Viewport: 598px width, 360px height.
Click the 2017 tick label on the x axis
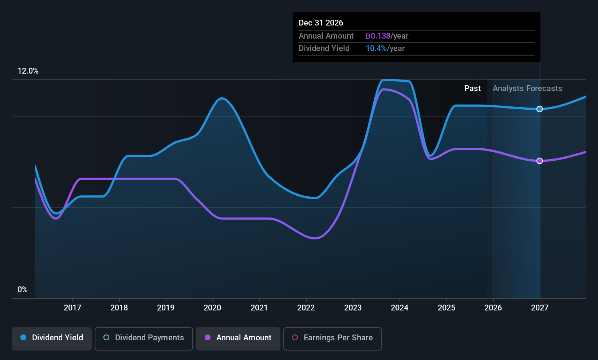coord(72,308)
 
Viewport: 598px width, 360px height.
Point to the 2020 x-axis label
coord(212,308)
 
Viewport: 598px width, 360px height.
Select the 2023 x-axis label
coord(353,308)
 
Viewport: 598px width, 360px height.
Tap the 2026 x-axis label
coord(493,308)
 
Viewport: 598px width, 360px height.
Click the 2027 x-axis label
coord(540,308)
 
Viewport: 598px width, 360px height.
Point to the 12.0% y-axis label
coord(28,71)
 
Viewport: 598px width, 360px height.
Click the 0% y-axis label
coord(23,290)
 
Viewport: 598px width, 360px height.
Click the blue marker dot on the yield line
coord(540,109)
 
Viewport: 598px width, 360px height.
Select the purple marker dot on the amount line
coord(540,161)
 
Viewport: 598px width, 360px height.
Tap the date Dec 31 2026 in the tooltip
coord(321,23)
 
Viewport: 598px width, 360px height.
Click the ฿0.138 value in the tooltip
coord(378,36)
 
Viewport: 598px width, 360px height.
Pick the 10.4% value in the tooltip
coord(376,48)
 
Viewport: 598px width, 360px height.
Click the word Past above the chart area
coord(472,89)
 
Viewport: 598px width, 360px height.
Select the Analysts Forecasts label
coord(527,89)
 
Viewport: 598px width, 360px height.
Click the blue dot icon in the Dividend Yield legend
coord(23,337)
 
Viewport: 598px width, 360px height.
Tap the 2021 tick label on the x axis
coord(259,308)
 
